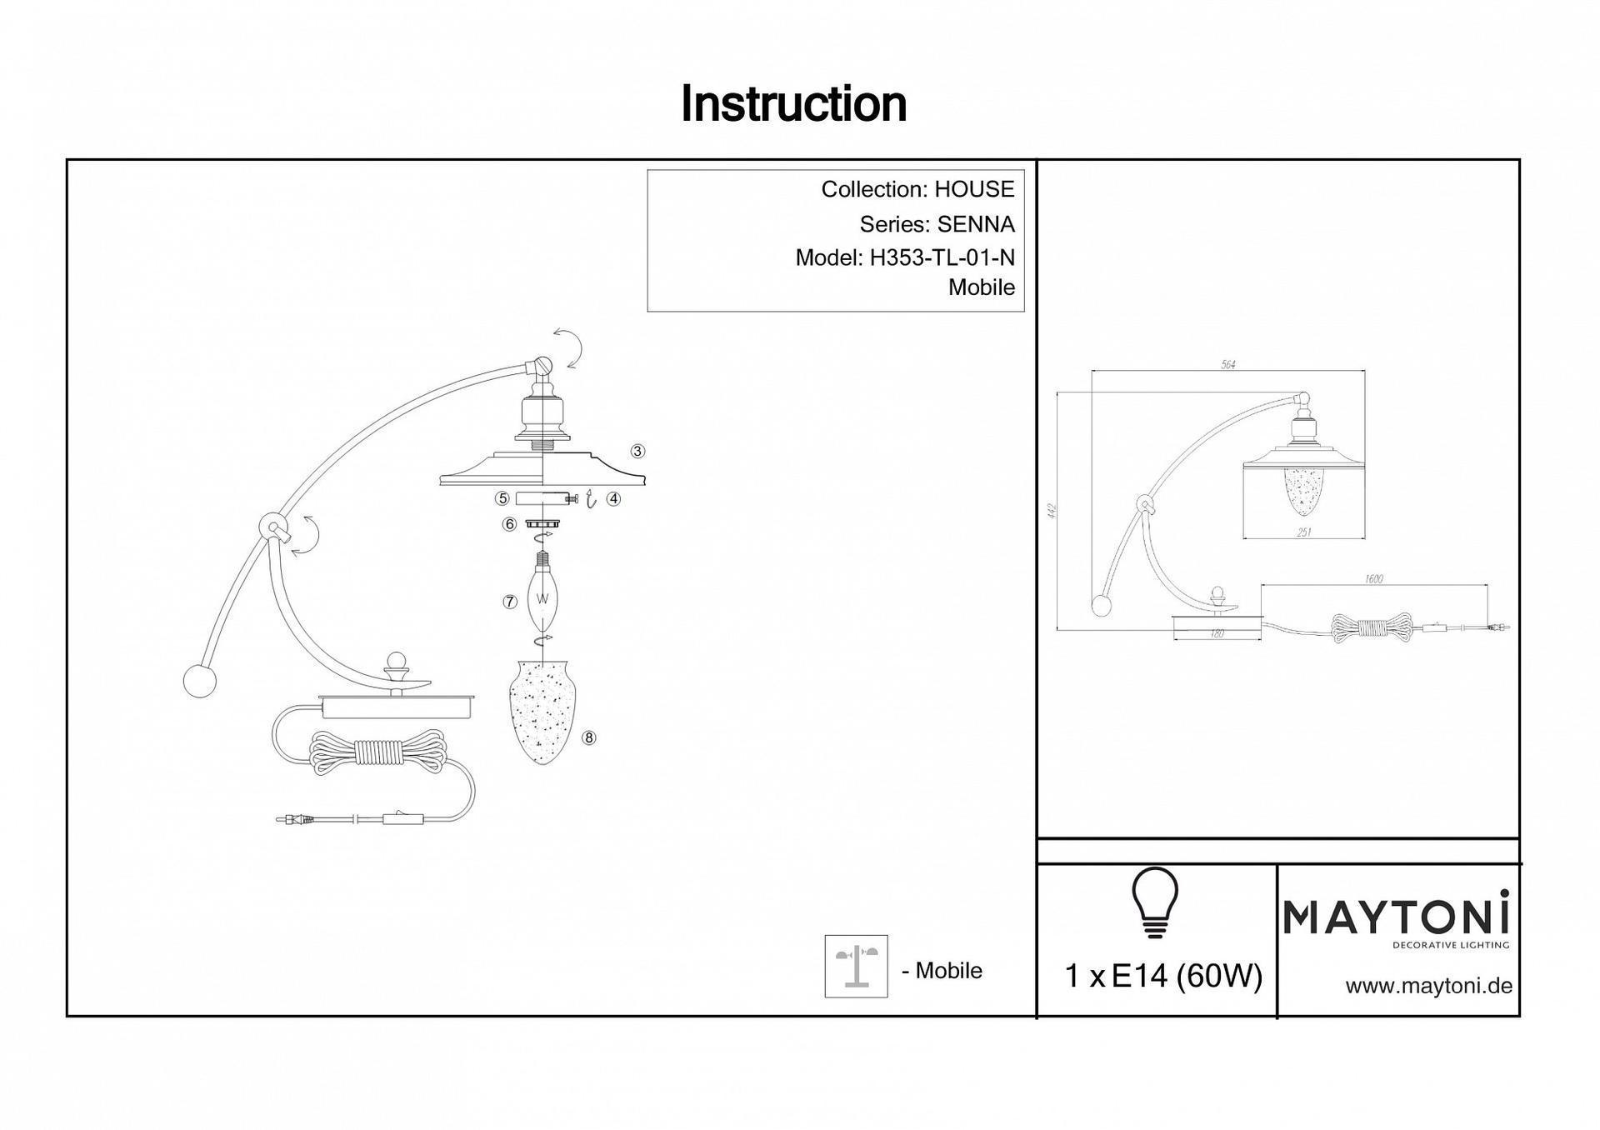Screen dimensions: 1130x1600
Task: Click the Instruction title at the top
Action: coord(793,104)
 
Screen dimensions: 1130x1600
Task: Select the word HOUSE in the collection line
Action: coord(974,189)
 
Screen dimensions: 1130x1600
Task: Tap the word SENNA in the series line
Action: coord(976,224)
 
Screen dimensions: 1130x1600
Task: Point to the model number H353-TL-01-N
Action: coord(942,258)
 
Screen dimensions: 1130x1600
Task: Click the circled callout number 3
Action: coord(637,451)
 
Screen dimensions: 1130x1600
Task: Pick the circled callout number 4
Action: coord(613,498)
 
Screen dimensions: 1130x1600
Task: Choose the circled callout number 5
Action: coord(502,498)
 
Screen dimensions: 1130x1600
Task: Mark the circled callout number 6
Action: coord(509,524)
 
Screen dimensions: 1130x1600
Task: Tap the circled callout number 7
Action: coord(510,602)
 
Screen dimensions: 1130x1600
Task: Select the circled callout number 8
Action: coord(589,737)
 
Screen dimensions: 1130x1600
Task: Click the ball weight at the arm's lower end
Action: coord(200,681)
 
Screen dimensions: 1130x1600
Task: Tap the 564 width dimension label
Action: coord(1227,365)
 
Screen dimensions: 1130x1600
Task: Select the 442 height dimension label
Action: coord(1052,510)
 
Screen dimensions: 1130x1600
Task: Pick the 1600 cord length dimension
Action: coord(1374,579)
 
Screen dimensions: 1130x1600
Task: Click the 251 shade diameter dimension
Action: coord(1304,532)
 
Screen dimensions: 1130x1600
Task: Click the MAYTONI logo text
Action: coord(1397,917)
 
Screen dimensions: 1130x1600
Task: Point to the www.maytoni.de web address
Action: coord(1428,986)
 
